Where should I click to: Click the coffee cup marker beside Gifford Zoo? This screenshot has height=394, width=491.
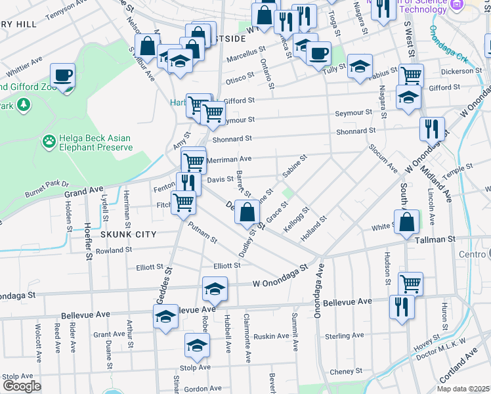(63, 76)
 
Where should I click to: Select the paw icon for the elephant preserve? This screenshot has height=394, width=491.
(49, 141)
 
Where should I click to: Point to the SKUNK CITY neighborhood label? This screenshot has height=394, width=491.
(128, 234)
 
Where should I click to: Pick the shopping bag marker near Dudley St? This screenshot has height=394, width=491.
(247, 212)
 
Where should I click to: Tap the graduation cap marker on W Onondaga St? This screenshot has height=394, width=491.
(215, 288)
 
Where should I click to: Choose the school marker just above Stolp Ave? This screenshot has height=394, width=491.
(197, 344)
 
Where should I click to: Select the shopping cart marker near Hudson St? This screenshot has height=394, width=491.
(410, 284)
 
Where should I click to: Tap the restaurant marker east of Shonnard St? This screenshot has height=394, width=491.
(432, 128)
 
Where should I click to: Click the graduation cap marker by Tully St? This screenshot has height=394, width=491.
(360, 66)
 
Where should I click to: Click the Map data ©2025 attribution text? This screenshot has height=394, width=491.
(463, 389)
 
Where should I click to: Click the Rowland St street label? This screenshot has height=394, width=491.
(113, 250)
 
